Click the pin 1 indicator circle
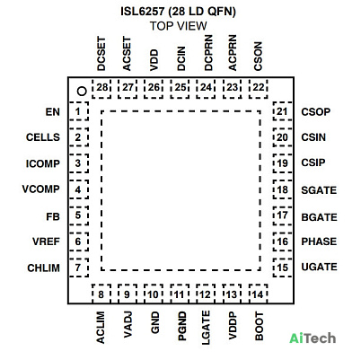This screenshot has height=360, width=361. (82, 91)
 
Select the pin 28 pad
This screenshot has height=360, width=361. (101, 89)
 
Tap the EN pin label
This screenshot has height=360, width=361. (53, 112)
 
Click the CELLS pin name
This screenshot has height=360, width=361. (43, 137)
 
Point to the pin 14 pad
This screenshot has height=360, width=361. (259, 294)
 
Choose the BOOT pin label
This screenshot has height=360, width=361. (260, 327)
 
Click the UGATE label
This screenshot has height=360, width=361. (319, 267)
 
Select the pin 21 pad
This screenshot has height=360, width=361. (283, 111)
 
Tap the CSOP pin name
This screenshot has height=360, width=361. (316, 112)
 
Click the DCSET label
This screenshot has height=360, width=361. (101, 54)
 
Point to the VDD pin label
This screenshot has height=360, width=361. (154, 60)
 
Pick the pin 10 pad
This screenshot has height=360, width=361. (154, 294)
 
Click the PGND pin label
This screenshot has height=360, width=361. (182, 326)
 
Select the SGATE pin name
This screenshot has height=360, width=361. (319, 190)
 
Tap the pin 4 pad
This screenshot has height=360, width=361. (79, 189)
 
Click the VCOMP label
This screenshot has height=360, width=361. (41, 189)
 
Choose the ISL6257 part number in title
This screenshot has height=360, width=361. (143, 12)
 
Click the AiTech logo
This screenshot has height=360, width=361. (313, 338)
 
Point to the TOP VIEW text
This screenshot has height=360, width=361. (179, 26)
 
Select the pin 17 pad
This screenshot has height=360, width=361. (283, 215)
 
